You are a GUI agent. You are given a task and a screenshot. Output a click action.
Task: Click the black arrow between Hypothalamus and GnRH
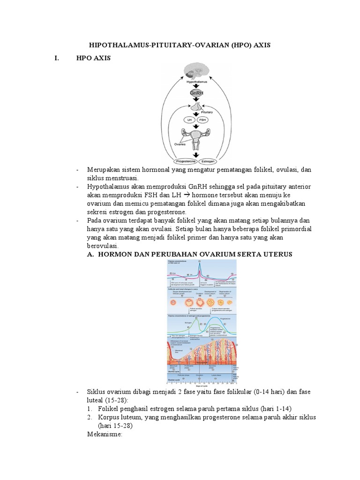click(x=197, y=86)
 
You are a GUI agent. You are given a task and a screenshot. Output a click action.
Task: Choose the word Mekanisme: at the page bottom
click(x=105, y=435)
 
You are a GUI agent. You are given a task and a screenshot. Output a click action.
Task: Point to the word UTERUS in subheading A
click(x=278, y=254)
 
